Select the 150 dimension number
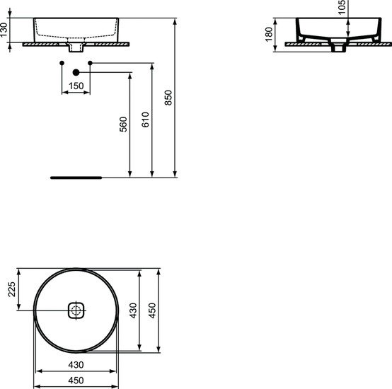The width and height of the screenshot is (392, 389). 76,86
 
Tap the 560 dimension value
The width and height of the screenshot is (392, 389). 123,125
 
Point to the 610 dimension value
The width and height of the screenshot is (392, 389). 146,120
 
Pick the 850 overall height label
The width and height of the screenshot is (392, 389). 168,98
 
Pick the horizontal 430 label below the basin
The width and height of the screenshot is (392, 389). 76,365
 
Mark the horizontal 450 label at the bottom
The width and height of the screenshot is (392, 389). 76,380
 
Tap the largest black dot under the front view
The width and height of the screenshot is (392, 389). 76,73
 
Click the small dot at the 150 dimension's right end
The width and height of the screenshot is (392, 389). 90,65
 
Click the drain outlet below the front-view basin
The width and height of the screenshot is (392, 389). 76,49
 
